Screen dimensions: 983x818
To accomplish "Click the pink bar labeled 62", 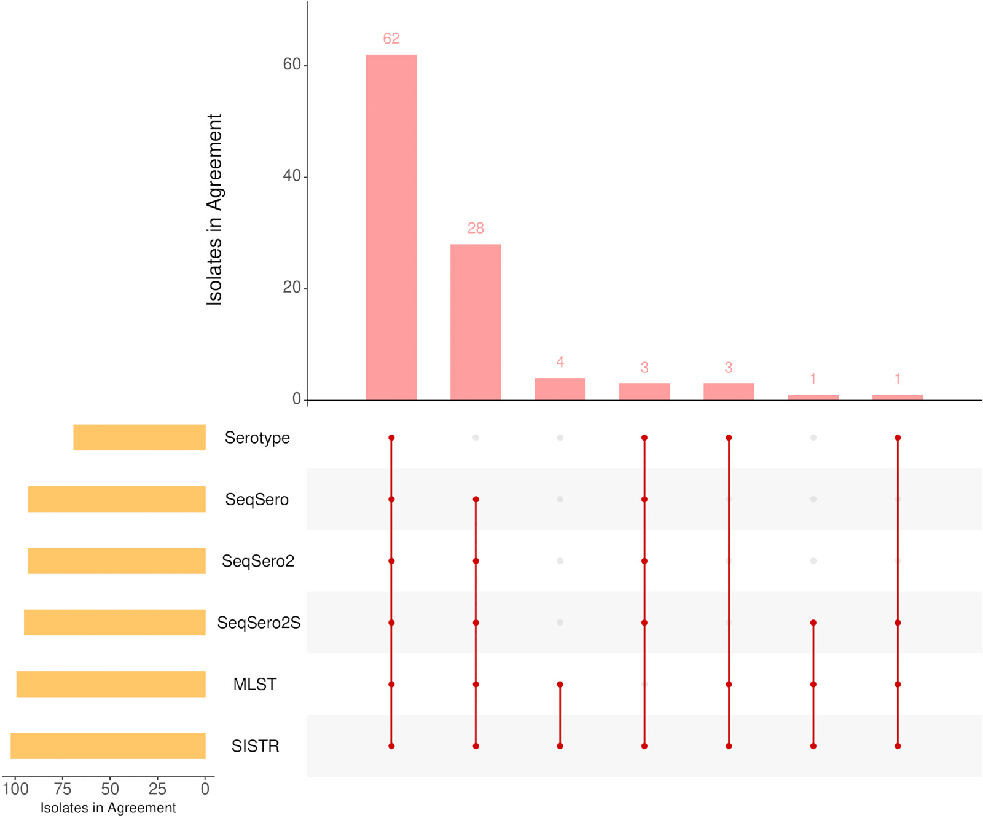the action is coord(391,227).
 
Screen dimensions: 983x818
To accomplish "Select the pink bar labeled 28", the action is coord(476,322).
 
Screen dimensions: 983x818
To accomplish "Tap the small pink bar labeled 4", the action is coord(560,389).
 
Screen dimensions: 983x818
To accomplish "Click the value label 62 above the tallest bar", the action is coord(391,39).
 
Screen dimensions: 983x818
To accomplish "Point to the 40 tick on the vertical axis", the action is coord(292,176).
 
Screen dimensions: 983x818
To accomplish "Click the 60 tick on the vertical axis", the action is coord(292,65).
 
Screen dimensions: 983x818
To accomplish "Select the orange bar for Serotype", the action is coord(139,438).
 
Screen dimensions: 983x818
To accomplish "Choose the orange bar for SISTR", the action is coord(108,745).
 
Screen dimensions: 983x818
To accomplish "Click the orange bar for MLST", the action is coord(111,684).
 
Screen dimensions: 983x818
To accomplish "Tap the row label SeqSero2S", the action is coord(259,623).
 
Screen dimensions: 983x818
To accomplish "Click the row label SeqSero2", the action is coord(258,561).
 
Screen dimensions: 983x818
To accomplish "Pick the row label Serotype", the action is coord(257,438).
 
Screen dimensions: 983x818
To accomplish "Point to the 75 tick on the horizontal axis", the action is coord(63,789).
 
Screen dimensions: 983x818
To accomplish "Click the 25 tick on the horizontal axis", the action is coord(157,789).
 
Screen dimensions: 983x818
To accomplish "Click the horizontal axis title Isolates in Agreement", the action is coord(108,808).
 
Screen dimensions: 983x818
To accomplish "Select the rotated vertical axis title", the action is coord(214,210).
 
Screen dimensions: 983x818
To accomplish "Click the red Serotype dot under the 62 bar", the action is coord(391,438).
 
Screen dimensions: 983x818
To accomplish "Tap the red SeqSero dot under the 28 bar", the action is coord(476,499).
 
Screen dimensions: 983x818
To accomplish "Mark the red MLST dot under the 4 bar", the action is coord(560,684).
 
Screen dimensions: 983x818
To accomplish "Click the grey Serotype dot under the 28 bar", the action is coord(476,438).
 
